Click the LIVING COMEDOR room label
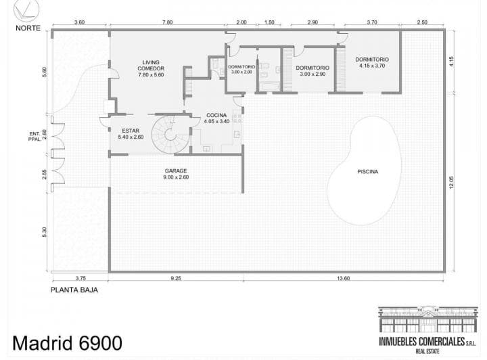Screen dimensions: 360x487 tap(151, 69)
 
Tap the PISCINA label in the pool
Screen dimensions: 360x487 tap(368, 172)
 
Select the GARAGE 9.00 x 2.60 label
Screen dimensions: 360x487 tap(175, 174)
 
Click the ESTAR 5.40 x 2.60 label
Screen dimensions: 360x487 tap(131, 133)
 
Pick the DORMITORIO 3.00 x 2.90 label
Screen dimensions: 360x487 tap(312, 71)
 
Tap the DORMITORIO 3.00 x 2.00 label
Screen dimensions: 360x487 tap(241, 69)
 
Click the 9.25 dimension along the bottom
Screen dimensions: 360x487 tap(176, 278)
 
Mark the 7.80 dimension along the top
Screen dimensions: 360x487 tap(168, 22)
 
